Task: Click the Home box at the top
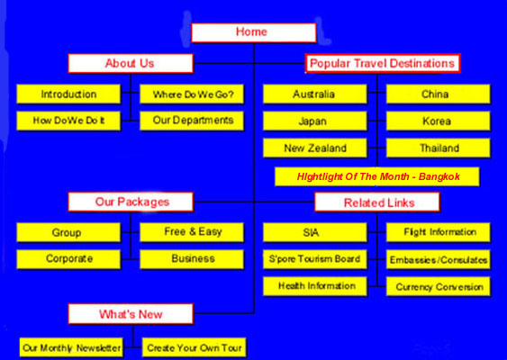point(254,32)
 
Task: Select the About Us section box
point(131,63)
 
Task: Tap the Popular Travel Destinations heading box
point(383,63)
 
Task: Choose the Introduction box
point(68,94)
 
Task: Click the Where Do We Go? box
point(192,94)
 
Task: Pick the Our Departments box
point(192,121)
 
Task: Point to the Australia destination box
point(315,94)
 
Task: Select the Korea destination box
point(439,121)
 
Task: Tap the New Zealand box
point(315,148)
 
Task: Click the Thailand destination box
point(439,148)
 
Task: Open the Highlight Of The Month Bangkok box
point(377,176)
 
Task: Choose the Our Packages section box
point(131,202)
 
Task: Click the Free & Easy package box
point(192,232)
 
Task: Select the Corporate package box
point(68,259)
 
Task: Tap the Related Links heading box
point(377,202)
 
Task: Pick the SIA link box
point(315,232)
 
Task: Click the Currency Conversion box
point(439,286)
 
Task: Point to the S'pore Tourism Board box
point(315,259)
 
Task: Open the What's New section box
point(131,314)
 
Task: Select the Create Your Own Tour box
point(194,347)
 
